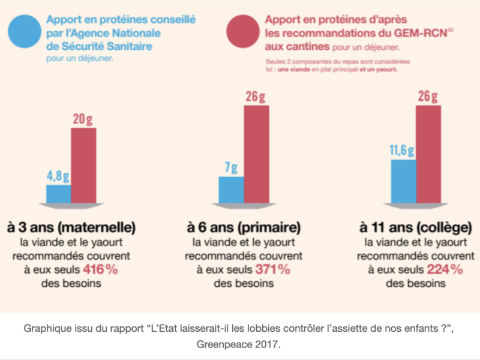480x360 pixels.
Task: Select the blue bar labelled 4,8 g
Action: click(x=58, y=193)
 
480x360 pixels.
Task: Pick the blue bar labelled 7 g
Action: click(x=231, y=189)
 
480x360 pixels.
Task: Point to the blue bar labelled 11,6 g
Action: click(x=403, y=181)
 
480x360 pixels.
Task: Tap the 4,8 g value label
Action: click(x=58, y=176)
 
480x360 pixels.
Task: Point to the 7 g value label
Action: click(x=231, y=167)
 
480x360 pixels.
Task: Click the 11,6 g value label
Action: click(x=403, y=149)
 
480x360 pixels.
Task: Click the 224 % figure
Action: click(x=445, y=269)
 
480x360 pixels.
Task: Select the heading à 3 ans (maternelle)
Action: click(x=71, y=228)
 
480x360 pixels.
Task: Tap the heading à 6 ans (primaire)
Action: click(x=244, y=228)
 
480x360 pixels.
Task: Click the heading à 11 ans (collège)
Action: click(x=415, y=228)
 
